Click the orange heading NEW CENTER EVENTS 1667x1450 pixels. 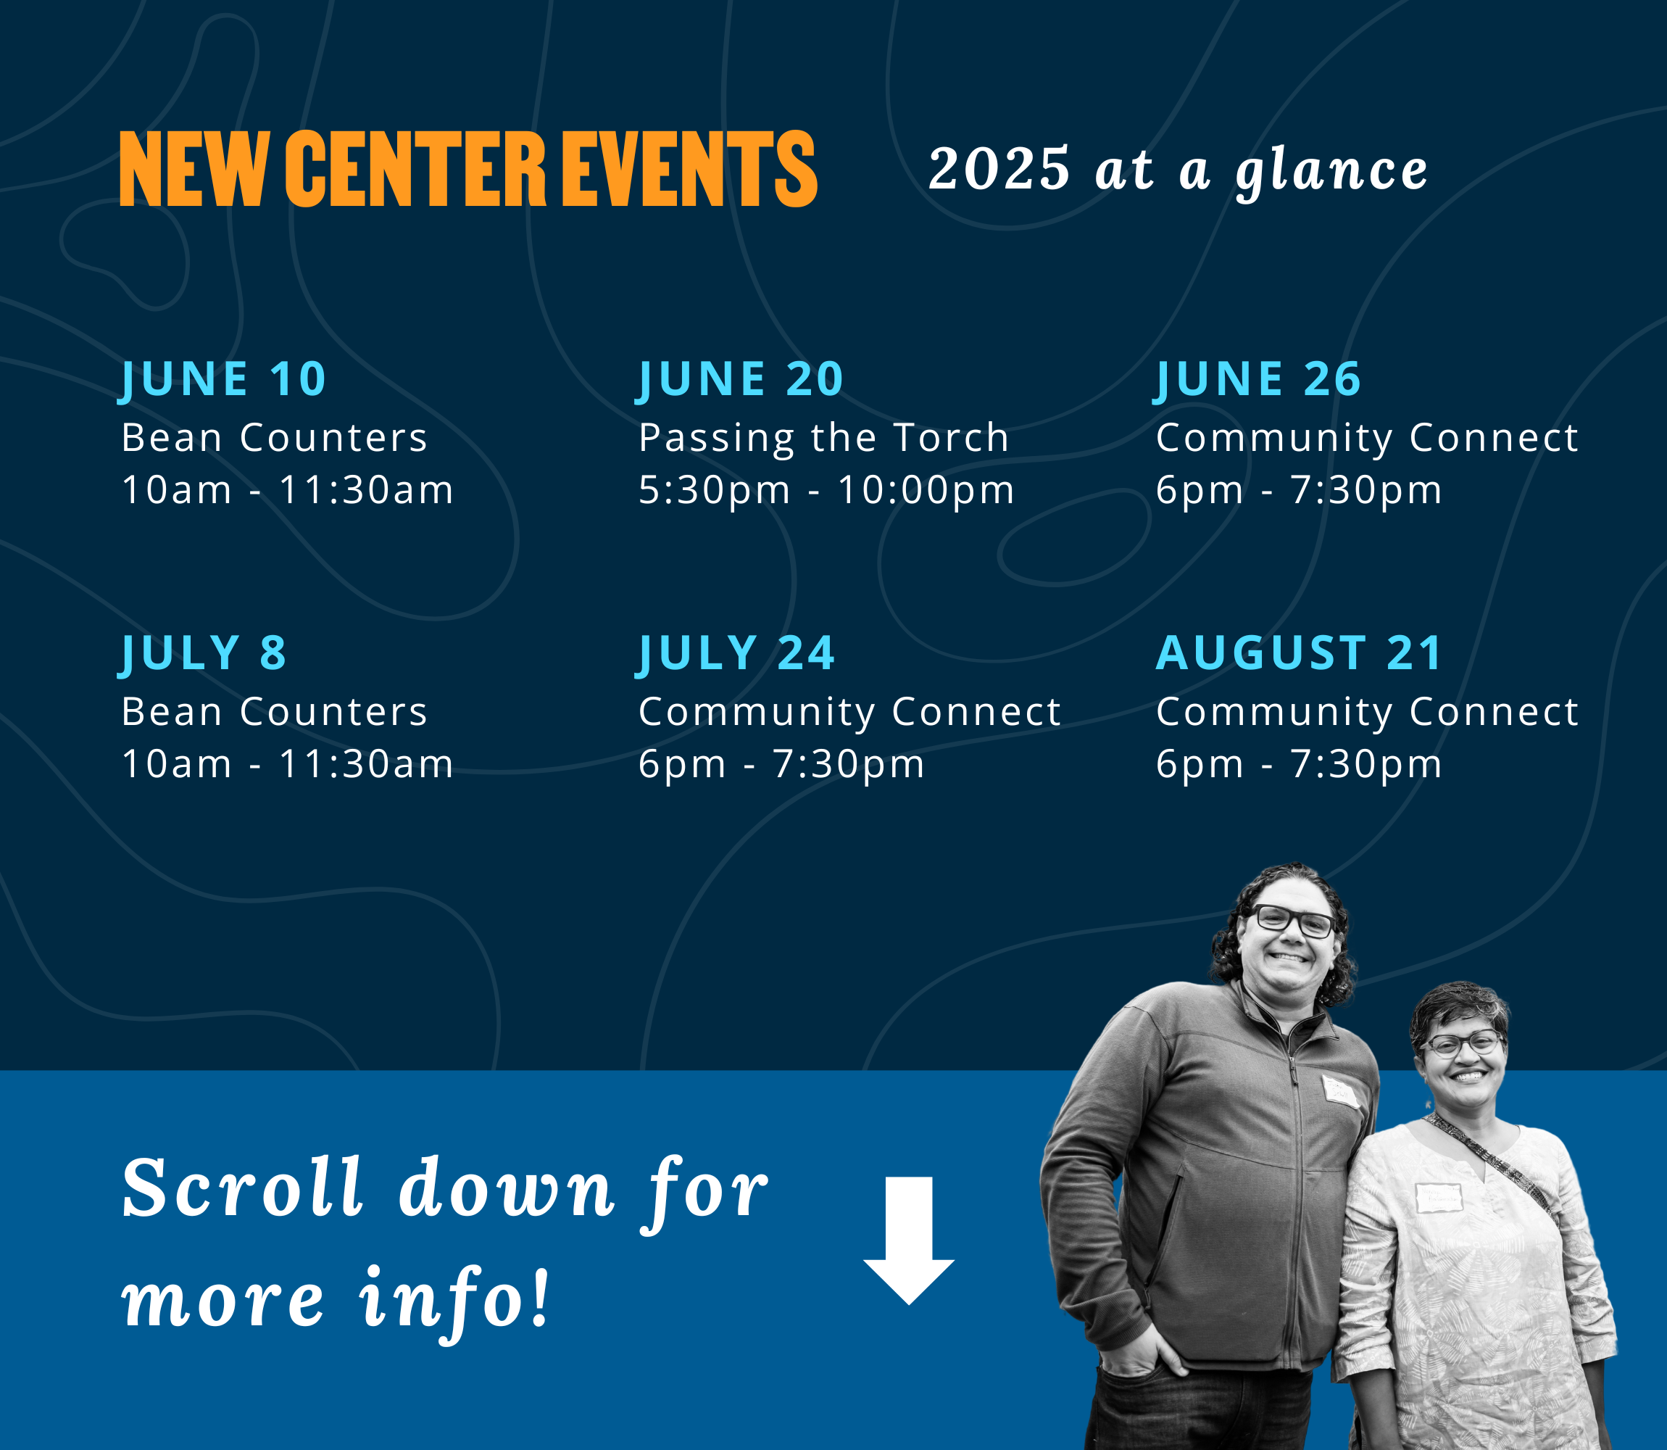[x=468, y=168]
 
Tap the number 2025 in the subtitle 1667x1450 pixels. [x=999, y=169]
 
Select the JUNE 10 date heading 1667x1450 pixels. [x=223, y=379]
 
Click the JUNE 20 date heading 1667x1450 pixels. [x=741, y=379]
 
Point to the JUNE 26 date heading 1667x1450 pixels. [x=1258, y=379]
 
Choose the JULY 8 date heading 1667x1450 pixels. [x=203, y=654]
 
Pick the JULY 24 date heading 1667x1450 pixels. [x=736, y=654]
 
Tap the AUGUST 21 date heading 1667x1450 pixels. [x=1299, y=653]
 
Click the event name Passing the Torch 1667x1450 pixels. [x=824, y=439]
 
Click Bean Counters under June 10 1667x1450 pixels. [x=274, y=438]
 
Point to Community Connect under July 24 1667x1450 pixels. [x=849, y=713]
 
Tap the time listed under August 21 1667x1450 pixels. [x=1299, y=765]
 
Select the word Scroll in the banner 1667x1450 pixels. [x=242, y=1188]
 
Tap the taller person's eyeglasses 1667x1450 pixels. [x=1292, y=921]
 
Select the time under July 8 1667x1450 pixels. [x=288, y=765]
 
